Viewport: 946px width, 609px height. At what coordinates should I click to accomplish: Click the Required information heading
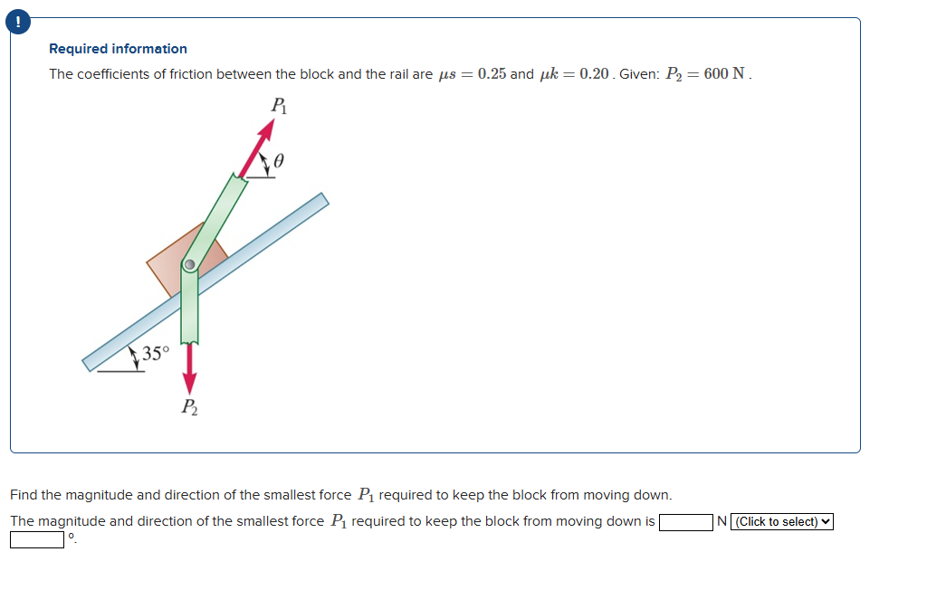(118, 49)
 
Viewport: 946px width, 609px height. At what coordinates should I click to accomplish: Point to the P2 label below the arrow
(188, 406)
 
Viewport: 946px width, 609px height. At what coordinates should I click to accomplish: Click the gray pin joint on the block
(189, 266)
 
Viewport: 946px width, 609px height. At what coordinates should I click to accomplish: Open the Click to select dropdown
(784, 522)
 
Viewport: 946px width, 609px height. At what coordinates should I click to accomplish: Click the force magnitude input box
(686, 522)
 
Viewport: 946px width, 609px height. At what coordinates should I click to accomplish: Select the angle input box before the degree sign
(37, 540)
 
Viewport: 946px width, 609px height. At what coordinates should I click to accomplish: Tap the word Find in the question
(24, 495)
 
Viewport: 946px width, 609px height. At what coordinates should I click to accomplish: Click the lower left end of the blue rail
(91, 362)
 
